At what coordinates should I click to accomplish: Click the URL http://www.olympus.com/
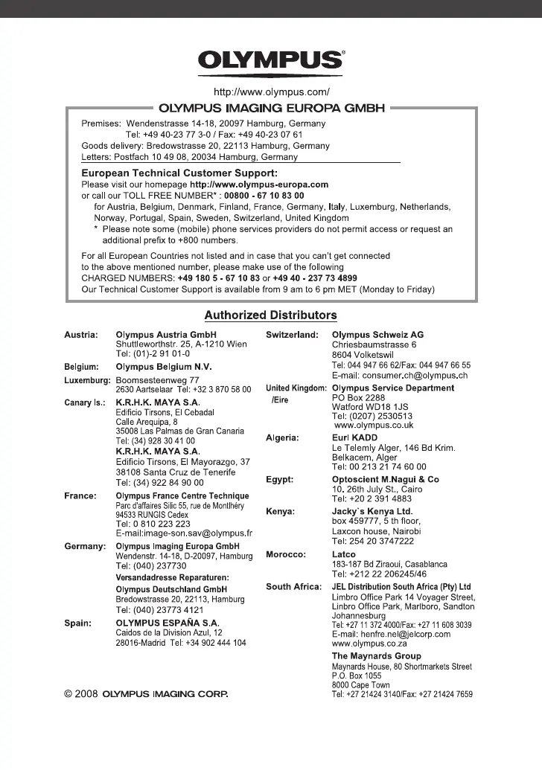pos(271,92)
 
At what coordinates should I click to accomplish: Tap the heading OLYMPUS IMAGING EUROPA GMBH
pos(271,108)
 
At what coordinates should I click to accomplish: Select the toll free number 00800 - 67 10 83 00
pos(258,195)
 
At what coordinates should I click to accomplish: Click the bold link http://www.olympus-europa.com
pos(259,184)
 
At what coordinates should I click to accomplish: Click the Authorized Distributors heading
pos(271,315)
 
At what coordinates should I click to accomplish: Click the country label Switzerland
pos(293,336)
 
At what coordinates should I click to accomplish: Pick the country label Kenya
pos(281,512)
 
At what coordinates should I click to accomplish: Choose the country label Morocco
pos(286,554)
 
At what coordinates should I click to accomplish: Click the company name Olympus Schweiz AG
pos(377,336)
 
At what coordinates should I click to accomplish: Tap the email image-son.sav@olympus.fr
pos(184,533)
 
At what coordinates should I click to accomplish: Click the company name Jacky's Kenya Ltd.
pos(372,512)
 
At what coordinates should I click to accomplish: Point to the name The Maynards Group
pos(376,656)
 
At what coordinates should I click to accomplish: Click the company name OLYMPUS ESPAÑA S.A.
pos(168,621)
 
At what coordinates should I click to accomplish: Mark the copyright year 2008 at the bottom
pos(87,694)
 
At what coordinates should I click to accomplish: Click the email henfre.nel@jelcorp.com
pos(391,635)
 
